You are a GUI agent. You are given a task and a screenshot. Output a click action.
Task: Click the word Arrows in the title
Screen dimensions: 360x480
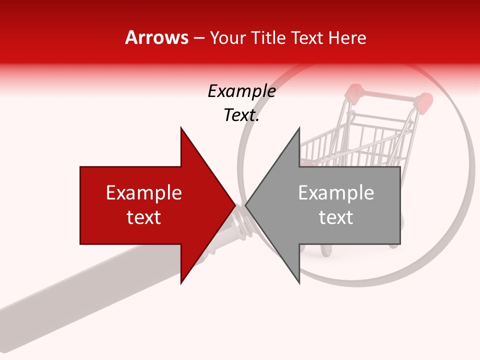(x=156, y=37)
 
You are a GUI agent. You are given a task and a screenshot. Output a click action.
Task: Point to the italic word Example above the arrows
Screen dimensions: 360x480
(x=241, y=91)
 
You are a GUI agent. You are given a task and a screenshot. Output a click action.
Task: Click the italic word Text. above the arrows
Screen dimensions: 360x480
(x=241, y=115)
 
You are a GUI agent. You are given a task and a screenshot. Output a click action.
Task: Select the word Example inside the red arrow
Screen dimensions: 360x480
(x=144, y=193)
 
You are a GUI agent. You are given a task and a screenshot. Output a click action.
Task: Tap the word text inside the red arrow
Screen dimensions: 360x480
(x=144, y=217)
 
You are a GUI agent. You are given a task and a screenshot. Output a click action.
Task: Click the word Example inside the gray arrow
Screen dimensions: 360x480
(x=336, y=193)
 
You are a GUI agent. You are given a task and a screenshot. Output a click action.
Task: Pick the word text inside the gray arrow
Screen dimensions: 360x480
(x=336, y=217)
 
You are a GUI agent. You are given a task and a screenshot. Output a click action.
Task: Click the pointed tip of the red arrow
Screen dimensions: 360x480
(x=234, y=205)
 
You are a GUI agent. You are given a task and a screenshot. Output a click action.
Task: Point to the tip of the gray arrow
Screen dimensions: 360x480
(x=246, y=205)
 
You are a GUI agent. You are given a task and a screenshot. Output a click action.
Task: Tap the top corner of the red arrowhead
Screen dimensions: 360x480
(x=181, y=128)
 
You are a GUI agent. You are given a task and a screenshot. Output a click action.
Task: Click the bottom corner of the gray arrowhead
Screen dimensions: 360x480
(x=299, y=283)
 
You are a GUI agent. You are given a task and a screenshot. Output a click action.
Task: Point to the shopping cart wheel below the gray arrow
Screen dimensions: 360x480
(x=326, y=250)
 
